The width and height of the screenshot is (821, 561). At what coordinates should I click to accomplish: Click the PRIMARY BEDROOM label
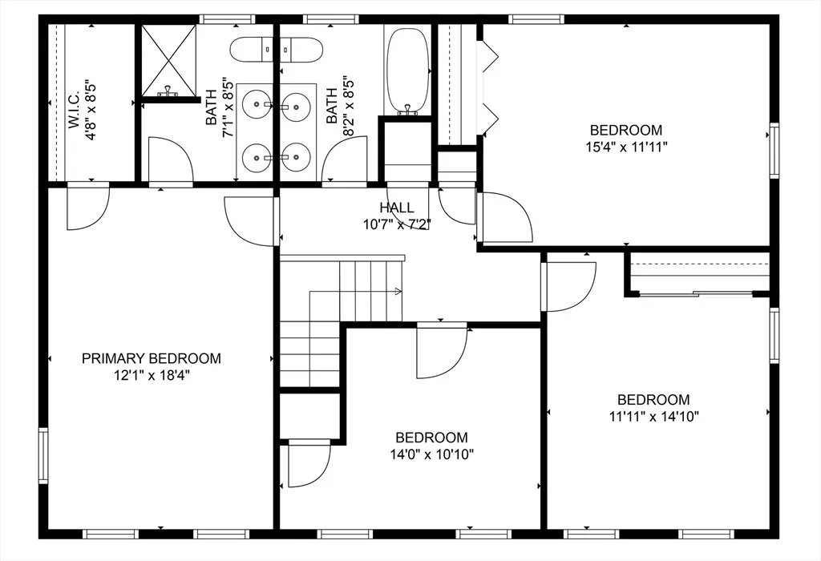(152, 358)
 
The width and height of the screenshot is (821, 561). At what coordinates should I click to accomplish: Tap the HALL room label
(397, 208)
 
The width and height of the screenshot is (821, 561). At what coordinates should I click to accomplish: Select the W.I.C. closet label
(73, 110)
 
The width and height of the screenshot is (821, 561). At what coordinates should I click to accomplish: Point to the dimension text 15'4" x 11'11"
(626, 147)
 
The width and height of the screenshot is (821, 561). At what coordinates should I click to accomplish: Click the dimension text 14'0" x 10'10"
(432, 454)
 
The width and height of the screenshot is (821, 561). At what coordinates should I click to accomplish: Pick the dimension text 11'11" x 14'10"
(654, 417)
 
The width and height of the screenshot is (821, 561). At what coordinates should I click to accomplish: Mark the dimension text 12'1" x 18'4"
(152, 375)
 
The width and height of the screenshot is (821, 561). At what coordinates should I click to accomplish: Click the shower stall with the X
(168, 60)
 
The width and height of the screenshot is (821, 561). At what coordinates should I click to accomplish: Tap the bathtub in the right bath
(406, 71)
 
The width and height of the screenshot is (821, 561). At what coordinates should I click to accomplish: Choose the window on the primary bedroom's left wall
(43, 455)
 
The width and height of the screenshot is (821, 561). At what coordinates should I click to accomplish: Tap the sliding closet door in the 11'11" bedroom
(697, 294)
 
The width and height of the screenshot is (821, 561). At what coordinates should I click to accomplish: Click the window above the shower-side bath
(227, 19)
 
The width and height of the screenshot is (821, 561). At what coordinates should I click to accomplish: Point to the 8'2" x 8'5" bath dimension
(349, 107)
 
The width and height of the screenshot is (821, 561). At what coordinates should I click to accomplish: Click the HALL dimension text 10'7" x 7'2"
(397, 224)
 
